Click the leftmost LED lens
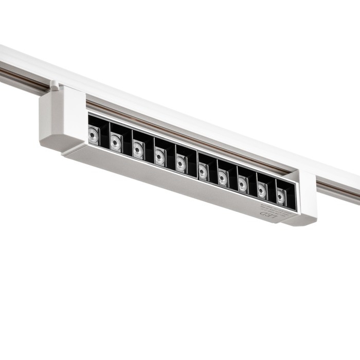tap(93, 136)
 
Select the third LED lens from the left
tap(138, 150)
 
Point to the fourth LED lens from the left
tap(160, 156)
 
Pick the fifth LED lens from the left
tap(181, 163)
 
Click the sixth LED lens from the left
tap(203, 170)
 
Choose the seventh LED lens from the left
tap(223, 176)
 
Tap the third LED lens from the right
tap(242, 183)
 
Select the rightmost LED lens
tap(281, 195)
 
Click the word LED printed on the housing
tap(271, 214)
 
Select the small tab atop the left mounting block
tap(55, 84)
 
